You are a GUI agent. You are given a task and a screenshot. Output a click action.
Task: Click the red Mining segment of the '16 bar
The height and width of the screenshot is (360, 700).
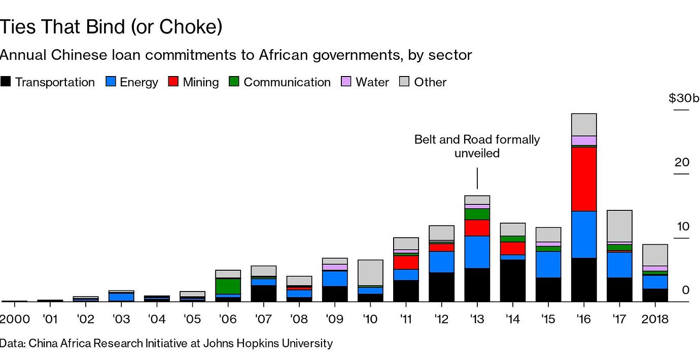tap(583, 179)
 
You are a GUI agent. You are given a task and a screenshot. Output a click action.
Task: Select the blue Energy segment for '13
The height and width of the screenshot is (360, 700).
tap(477, 252)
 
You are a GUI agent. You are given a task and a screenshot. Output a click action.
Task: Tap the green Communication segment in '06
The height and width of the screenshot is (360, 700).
tap(228, 286)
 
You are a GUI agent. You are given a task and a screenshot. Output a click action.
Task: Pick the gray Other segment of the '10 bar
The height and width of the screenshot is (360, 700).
tap(370, 273)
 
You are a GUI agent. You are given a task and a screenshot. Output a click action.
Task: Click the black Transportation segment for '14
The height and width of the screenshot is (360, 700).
tap(512, 280)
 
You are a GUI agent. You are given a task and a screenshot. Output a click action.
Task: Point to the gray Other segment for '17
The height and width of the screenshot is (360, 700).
tap(619, 226)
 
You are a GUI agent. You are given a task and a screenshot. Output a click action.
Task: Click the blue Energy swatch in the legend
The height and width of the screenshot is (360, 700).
tap(111, 82)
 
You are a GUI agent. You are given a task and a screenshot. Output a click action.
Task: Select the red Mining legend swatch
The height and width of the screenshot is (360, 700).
tap(174, 82)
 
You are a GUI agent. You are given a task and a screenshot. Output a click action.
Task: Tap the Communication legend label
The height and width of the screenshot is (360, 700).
tap(287, 82)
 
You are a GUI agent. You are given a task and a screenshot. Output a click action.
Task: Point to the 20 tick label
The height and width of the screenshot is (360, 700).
tap(682, 162)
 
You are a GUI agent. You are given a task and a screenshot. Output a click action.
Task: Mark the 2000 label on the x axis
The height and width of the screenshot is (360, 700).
tap(15, 319)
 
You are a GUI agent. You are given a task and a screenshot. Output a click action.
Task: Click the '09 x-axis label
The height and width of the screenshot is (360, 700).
tap(335, 319)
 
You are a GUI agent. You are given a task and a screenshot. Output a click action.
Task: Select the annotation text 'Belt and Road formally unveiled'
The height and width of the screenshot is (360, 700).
tap(477, 146)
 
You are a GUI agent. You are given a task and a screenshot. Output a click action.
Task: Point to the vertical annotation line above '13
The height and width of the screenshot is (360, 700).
tap(477, 178)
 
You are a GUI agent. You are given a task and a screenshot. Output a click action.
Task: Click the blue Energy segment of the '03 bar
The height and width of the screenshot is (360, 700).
tap(121, 297)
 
